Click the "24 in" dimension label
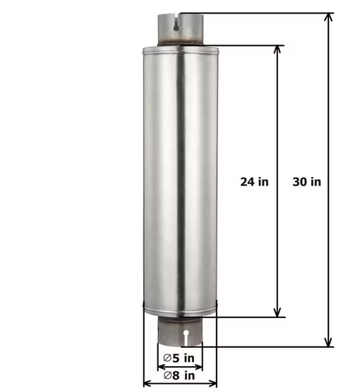pos(254,181)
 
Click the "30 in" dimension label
pos(306,181)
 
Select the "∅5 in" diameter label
pos(179,358)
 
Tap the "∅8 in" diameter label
pos(179,375)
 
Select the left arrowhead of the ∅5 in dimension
pos(160,367)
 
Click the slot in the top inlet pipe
pos(173,23)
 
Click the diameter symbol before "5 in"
pos(167,358)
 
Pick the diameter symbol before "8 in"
pos(167,375)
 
